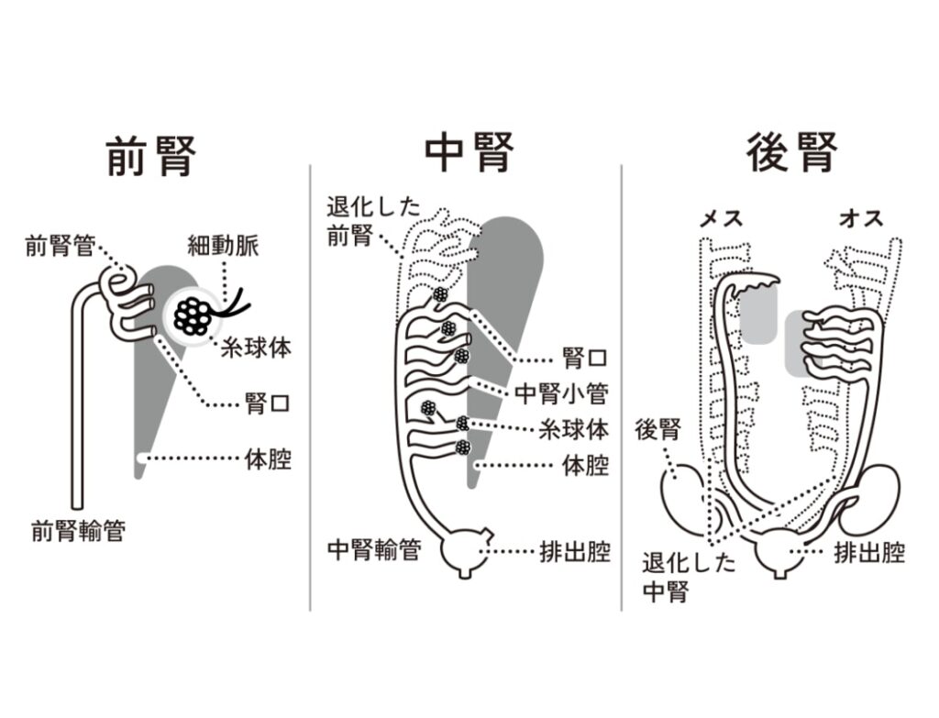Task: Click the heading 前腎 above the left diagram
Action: pyautogui.click(x=150, y=155)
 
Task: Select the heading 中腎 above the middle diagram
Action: pyautogui.click(x=469, y=153)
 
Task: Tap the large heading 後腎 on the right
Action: pyautogui.click(x=791, y=152)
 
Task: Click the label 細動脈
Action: pyautogui.click(x=224, y=245)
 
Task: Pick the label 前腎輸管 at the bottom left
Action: pyautogui.click(x=78, y=531)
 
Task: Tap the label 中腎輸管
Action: pyautogui.click(x=374, y=550)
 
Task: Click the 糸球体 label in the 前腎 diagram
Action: pyautogui.click(x=250, y=348)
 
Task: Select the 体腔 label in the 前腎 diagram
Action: pyautogui.click(x=268, y=458)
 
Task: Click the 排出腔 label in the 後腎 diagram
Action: pyautogui.click(x=868, y=552)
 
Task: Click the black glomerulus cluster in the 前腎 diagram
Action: pyautogui.click(x=194, y=315)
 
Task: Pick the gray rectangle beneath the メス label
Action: pyautogui.click(x=762, y=315)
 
